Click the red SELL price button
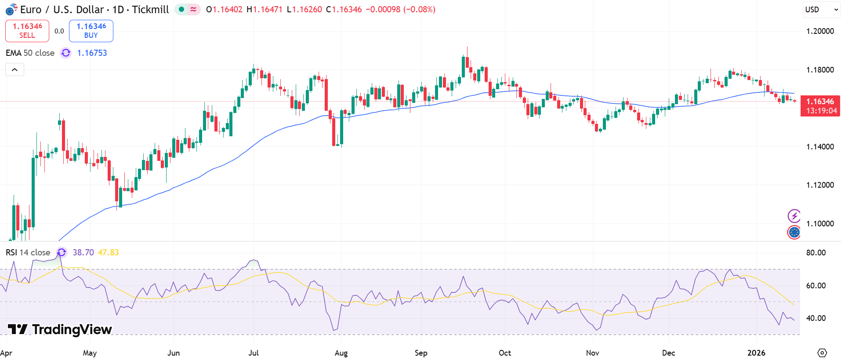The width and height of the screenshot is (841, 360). (x=27, y=31)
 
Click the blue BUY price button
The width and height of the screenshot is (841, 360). (x=91, y=31)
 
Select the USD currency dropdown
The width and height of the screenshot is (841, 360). (x=820, y=10)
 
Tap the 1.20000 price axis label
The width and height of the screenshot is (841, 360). (x=820, y=31)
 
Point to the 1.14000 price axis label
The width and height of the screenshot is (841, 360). (x=820, y=147)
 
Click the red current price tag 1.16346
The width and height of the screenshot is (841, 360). (x=820, y=105)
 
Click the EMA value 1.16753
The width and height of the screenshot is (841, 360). (x=92, y=53)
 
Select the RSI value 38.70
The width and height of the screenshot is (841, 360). (x=83, y=253)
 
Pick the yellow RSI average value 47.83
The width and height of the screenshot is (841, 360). (x=108, y=253)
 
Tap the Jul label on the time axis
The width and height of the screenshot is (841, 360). (x=254, y=353)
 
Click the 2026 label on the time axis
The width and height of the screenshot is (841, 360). (x=756, y=353)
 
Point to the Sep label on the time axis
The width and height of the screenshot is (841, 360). (x=421, y=353)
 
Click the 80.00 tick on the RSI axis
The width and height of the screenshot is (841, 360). (x=816, y=253)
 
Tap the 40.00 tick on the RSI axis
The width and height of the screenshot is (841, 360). (x=816, y=318)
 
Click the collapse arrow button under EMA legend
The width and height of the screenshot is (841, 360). (x=14, y=69)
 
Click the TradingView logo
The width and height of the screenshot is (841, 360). (x=60, y=330)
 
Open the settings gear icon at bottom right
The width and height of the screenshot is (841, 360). (x=822, y=353)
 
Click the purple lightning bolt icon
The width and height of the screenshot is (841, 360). (x=794, y=216)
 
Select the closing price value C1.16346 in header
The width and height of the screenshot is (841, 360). (x=344, y=10)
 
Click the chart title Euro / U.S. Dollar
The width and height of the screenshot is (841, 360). (x=62, y=10)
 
